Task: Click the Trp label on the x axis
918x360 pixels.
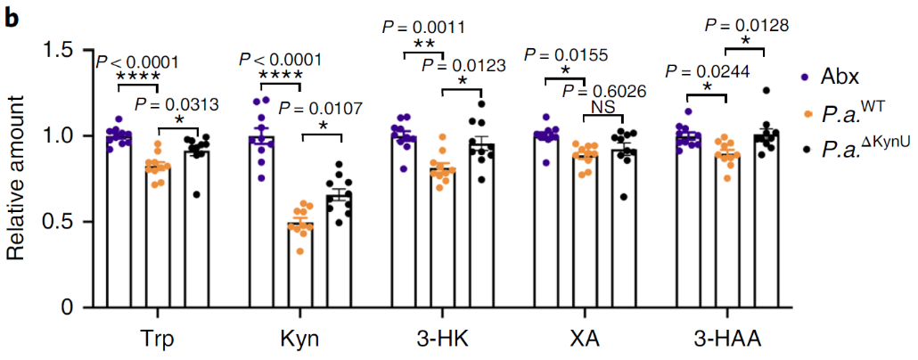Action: click(157, 339)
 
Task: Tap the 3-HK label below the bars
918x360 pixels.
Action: click(442, 339)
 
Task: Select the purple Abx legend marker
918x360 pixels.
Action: click(805, 78)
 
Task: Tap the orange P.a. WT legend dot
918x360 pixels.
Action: click(805, 115)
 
